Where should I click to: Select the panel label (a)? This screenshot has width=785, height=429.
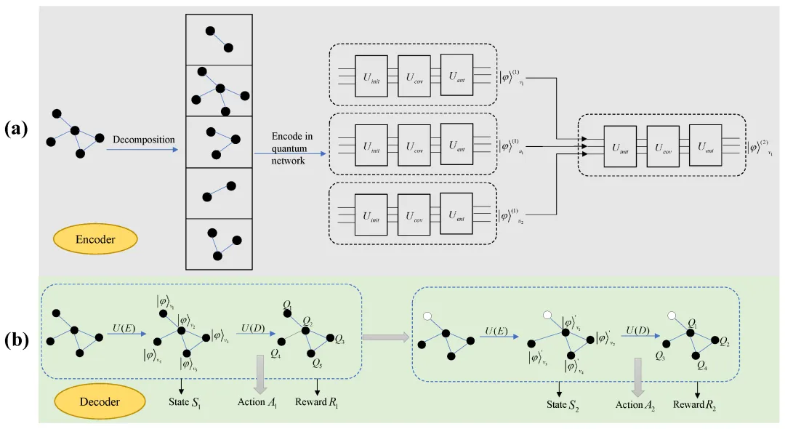(17, 129)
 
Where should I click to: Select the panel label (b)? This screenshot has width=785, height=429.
(17, 339)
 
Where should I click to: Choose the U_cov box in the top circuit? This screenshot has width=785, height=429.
(414, 76)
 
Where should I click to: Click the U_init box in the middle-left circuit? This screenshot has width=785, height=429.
(371, 145)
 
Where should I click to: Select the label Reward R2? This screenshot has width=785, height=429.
(696, 404)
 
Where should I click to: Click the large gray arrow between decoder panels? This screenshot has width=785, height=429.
(385, 337)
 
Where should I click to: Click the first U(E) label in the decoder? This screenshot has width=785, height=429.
(122, 328)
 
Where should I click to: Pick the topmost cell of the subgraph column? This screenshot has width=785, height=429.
(219, 39)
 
